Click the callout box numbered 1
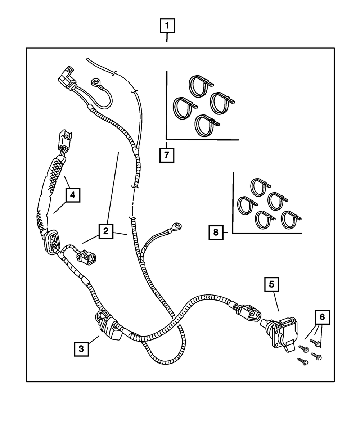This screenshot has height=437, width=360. tap(167, 27)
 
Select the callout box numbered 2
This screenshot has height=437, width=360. tap(105, 231)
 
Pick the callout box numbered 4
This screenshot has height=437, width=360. tap(72, 195)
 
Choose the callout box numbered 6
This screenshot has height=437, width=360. tap(322, 317)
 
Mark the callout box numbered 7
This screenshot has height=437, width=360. tap(167, 156)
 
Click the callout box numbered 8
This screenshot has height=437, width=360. tap(216, 232)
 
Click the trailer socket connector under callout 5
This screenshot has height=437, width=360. tap(285, 333)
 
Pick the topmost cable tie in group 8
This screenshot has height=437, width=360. tap(260, 186)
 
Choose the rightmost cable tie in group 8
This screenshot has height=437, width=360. tap(291, 219)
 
